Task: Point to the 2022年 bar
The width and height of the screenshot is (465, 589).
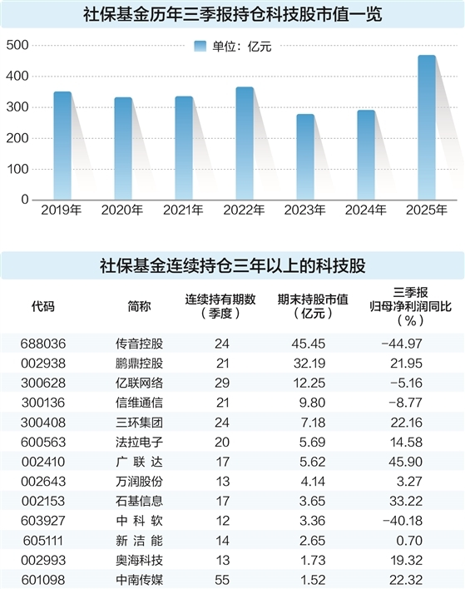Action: coord(245,142)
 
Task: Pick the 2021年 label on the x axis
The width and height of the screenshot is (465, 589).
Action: coord(184,210)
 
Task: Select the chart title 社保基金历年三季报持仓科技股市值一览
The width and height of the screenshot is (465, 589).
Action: coord(232,14)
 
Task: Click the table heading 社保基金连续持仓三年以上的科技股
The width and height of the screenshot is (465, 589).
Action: coord(232,266)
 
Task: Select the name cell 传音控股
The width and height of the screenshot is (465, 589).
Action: coord(139,342)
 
